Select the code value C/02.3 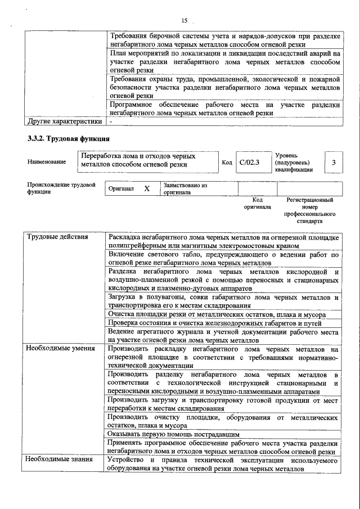point(248,163)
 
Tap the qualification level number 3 point(334,163)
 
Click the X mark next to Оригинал point(147,189)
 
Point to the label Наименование point(47,162)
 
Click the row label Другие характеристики point(65,121)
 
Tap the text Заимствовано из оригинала point(186,188)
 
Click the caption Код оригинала point(258,203)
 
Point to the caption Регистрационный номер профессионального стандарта point(309,210)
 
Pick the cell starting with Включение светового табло point(223,259)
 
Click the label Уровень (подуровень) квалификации point(293,162)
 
